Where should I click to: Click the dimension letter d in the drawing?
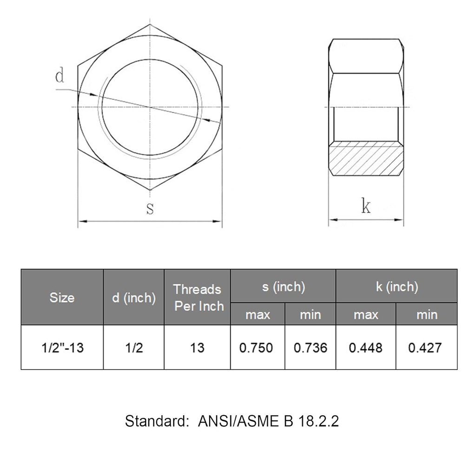tap(59, 76)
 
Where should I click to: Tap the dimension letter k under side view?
tap(366, 206)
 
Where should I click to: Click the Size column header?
tap(62, 297)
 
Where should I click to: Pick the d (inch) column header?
tap(134, 297)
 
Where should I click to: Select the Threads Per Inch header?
tap(198, 297)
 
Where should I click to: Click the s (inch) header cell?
tap(283, 286)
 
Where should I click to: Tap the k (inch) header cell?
tap(397, 286)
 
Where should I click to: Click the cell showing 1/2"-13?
tap(62, 347)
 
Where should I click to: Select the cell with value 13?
tap(198, 347)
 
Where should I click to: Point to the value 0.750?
tap(258, 347)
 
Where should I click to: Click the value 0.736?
tap(310, 347)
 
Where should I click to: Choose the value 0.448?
tap(366, 347)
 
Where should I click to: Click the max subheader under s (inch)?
tap(258, 315)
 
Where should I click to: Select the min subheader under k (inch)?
tap(426, 315)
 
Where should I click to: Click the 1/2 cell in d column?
tap(134, 347)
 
